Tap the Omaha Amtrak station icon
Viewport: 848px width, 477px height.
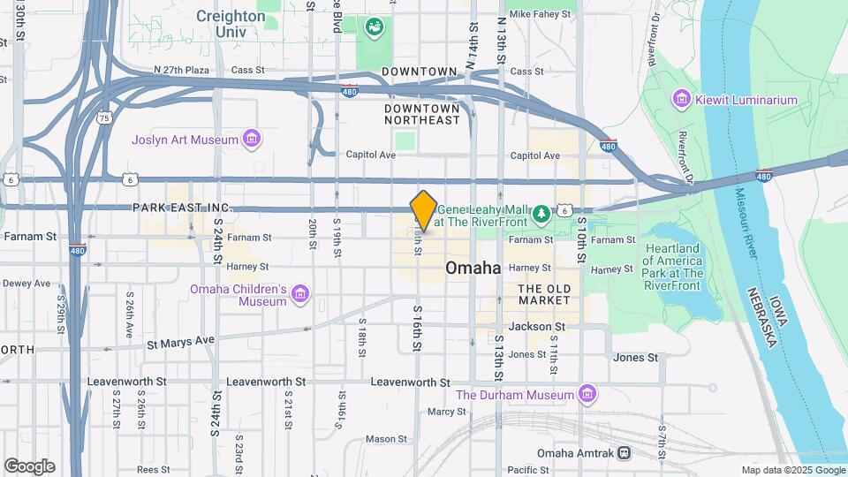pos(625,453)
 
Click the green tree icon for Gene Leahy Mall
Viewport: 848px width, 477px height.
pos(541,211)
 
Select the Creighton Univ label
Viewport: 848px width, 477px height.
pos(230,23)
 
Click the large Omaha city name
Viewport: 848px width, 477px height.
pos(473,268)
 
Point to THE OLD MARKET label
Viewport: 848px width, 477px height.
pos(544,295)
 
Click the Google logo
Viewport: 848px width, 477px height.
pos(29,466)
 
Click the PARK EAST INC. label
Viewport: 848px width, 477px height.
pos(181,208)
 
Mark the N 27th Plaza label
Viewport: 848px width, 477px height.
pos(180,71)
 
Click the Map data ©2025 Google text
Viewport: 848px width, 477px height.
pos(791,470)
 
